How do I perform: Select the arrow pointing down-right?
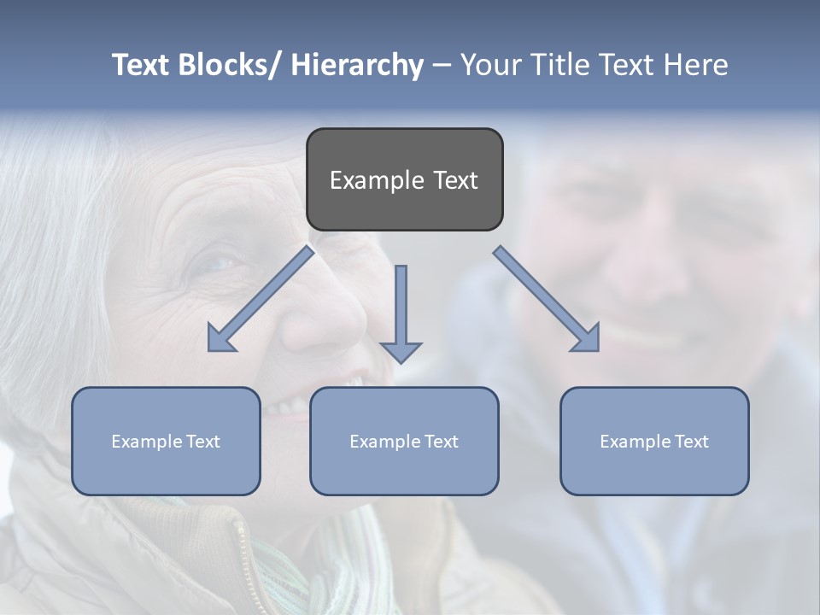[x=547, y=299]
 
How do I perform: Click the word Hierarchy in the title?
[x=357, y=65]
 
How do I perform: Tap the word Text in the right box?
[x=691, y=442]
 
